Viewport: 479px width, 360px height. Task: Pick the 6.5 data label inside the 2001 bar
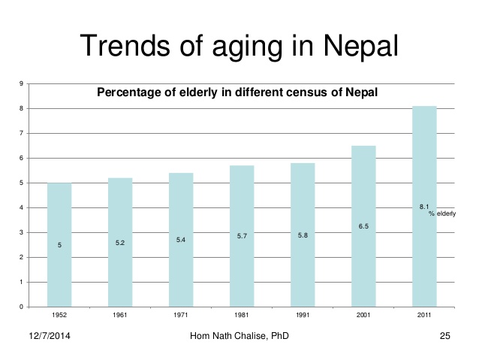pos(363,226)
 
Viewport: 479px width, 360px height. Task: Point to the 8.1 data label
pos(423,207)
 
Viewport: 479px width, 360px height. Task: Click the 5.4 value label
pos(181,240)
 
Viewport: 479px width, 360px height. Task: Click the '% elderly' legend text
pos(442,214)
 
